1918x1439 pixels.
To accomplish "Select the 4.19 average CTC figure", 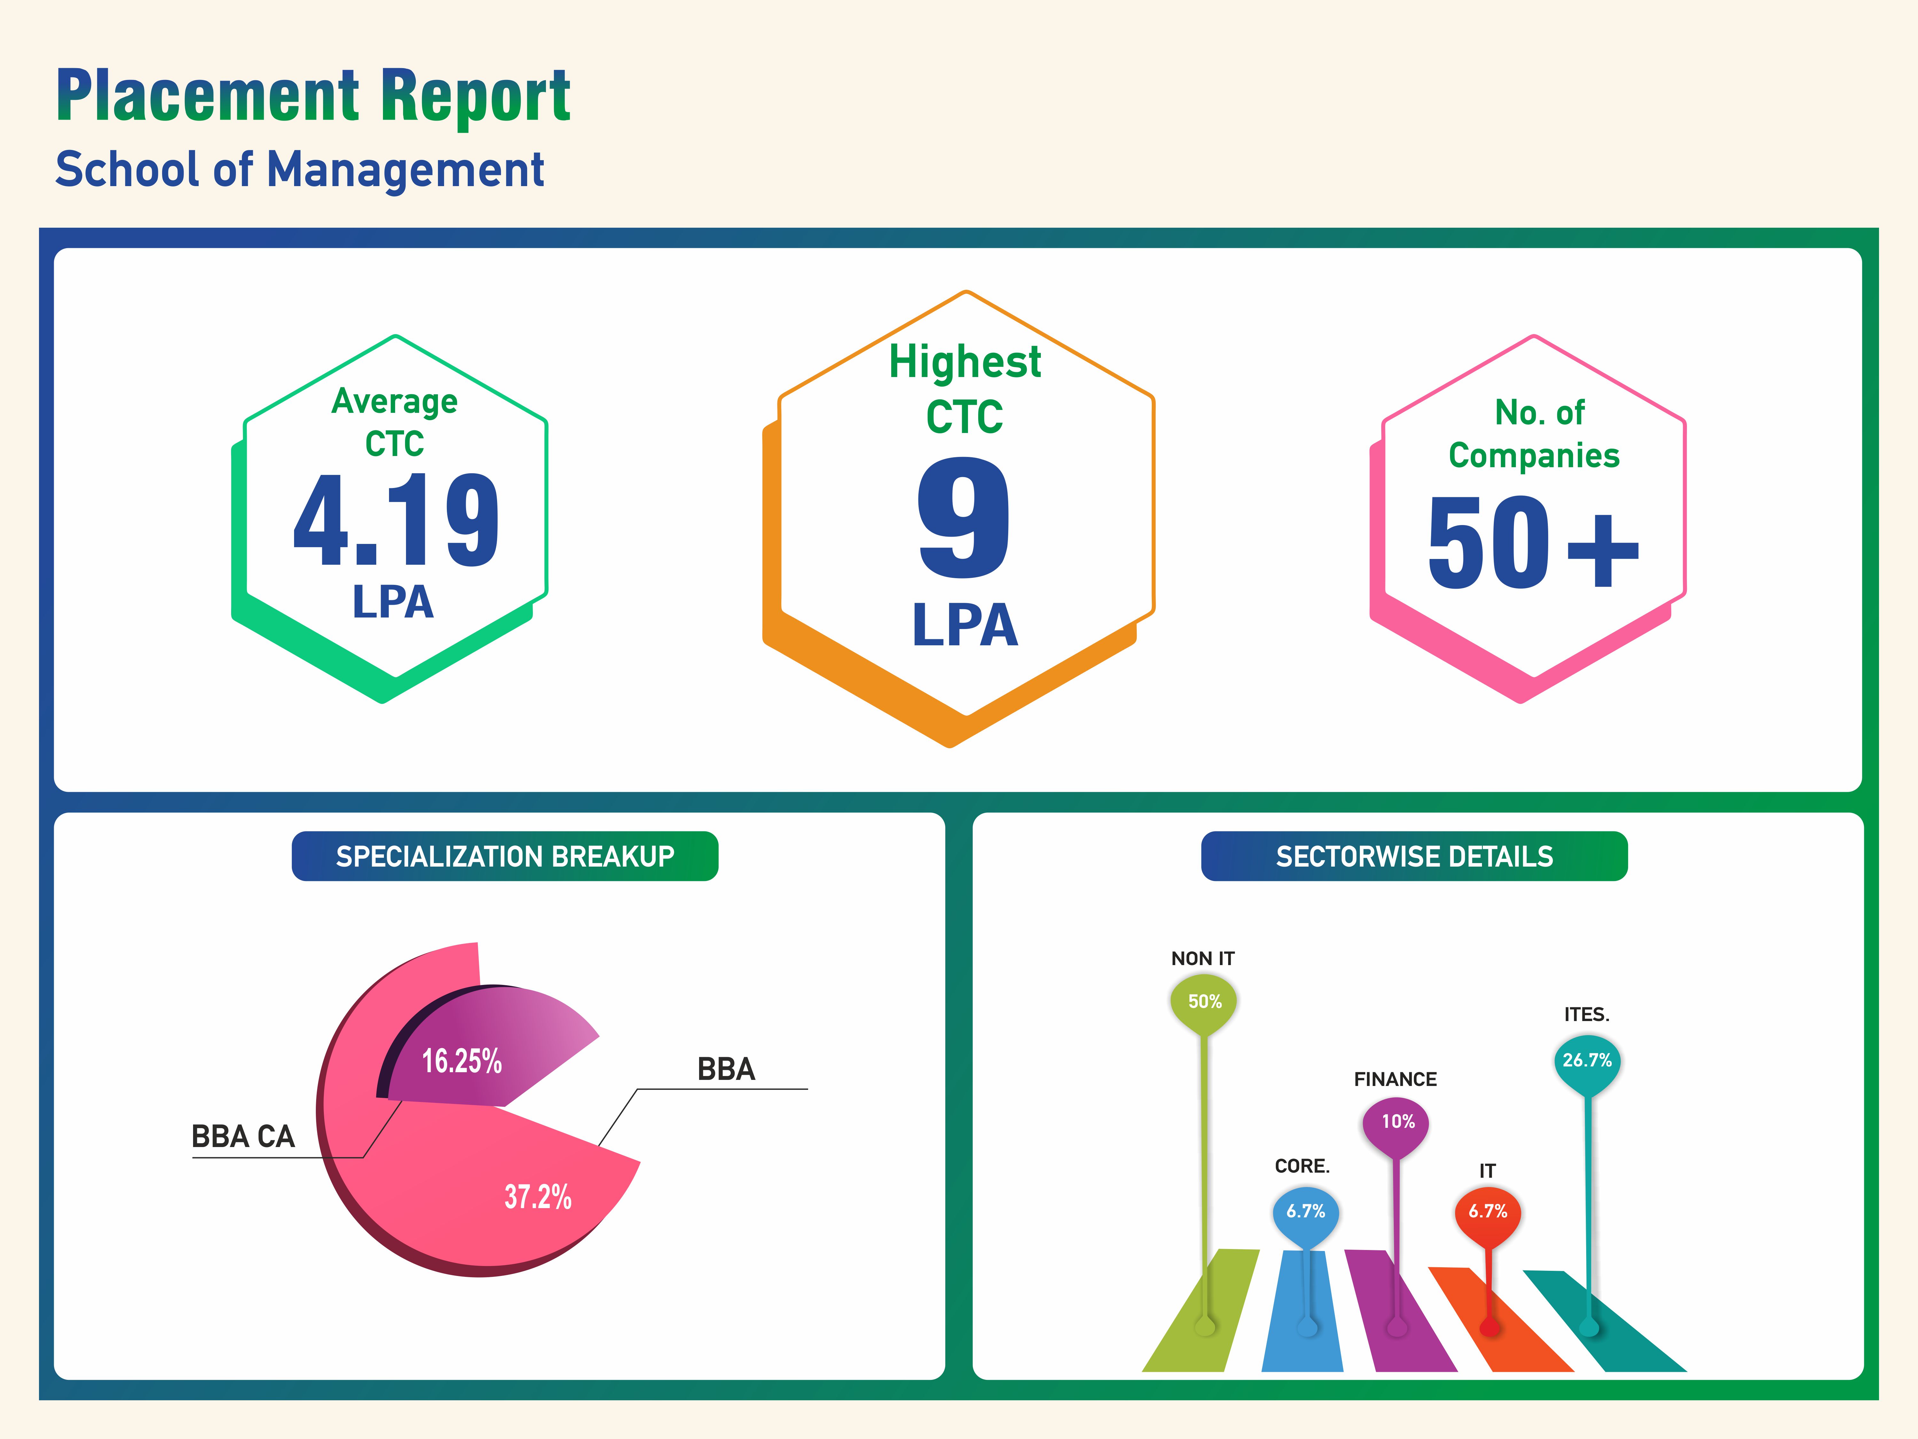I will [396, 520].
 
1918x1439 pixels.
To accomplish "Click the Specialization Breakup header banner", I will [505, 856].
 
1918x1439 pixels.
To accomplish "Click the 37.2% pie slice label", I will [538, 1197].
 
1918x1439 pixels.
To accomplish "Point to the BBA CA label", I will [243, 1136].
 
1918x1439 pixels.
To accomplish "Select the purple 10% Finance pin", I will [1397, 1122].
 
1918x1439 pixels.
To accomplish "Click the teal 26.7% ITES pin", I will [1587, 1061].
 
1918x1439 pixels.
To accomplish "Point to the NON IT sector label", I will [1203, 958].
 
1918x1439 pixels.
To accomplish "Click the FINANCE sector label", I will [1395, 1079].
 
